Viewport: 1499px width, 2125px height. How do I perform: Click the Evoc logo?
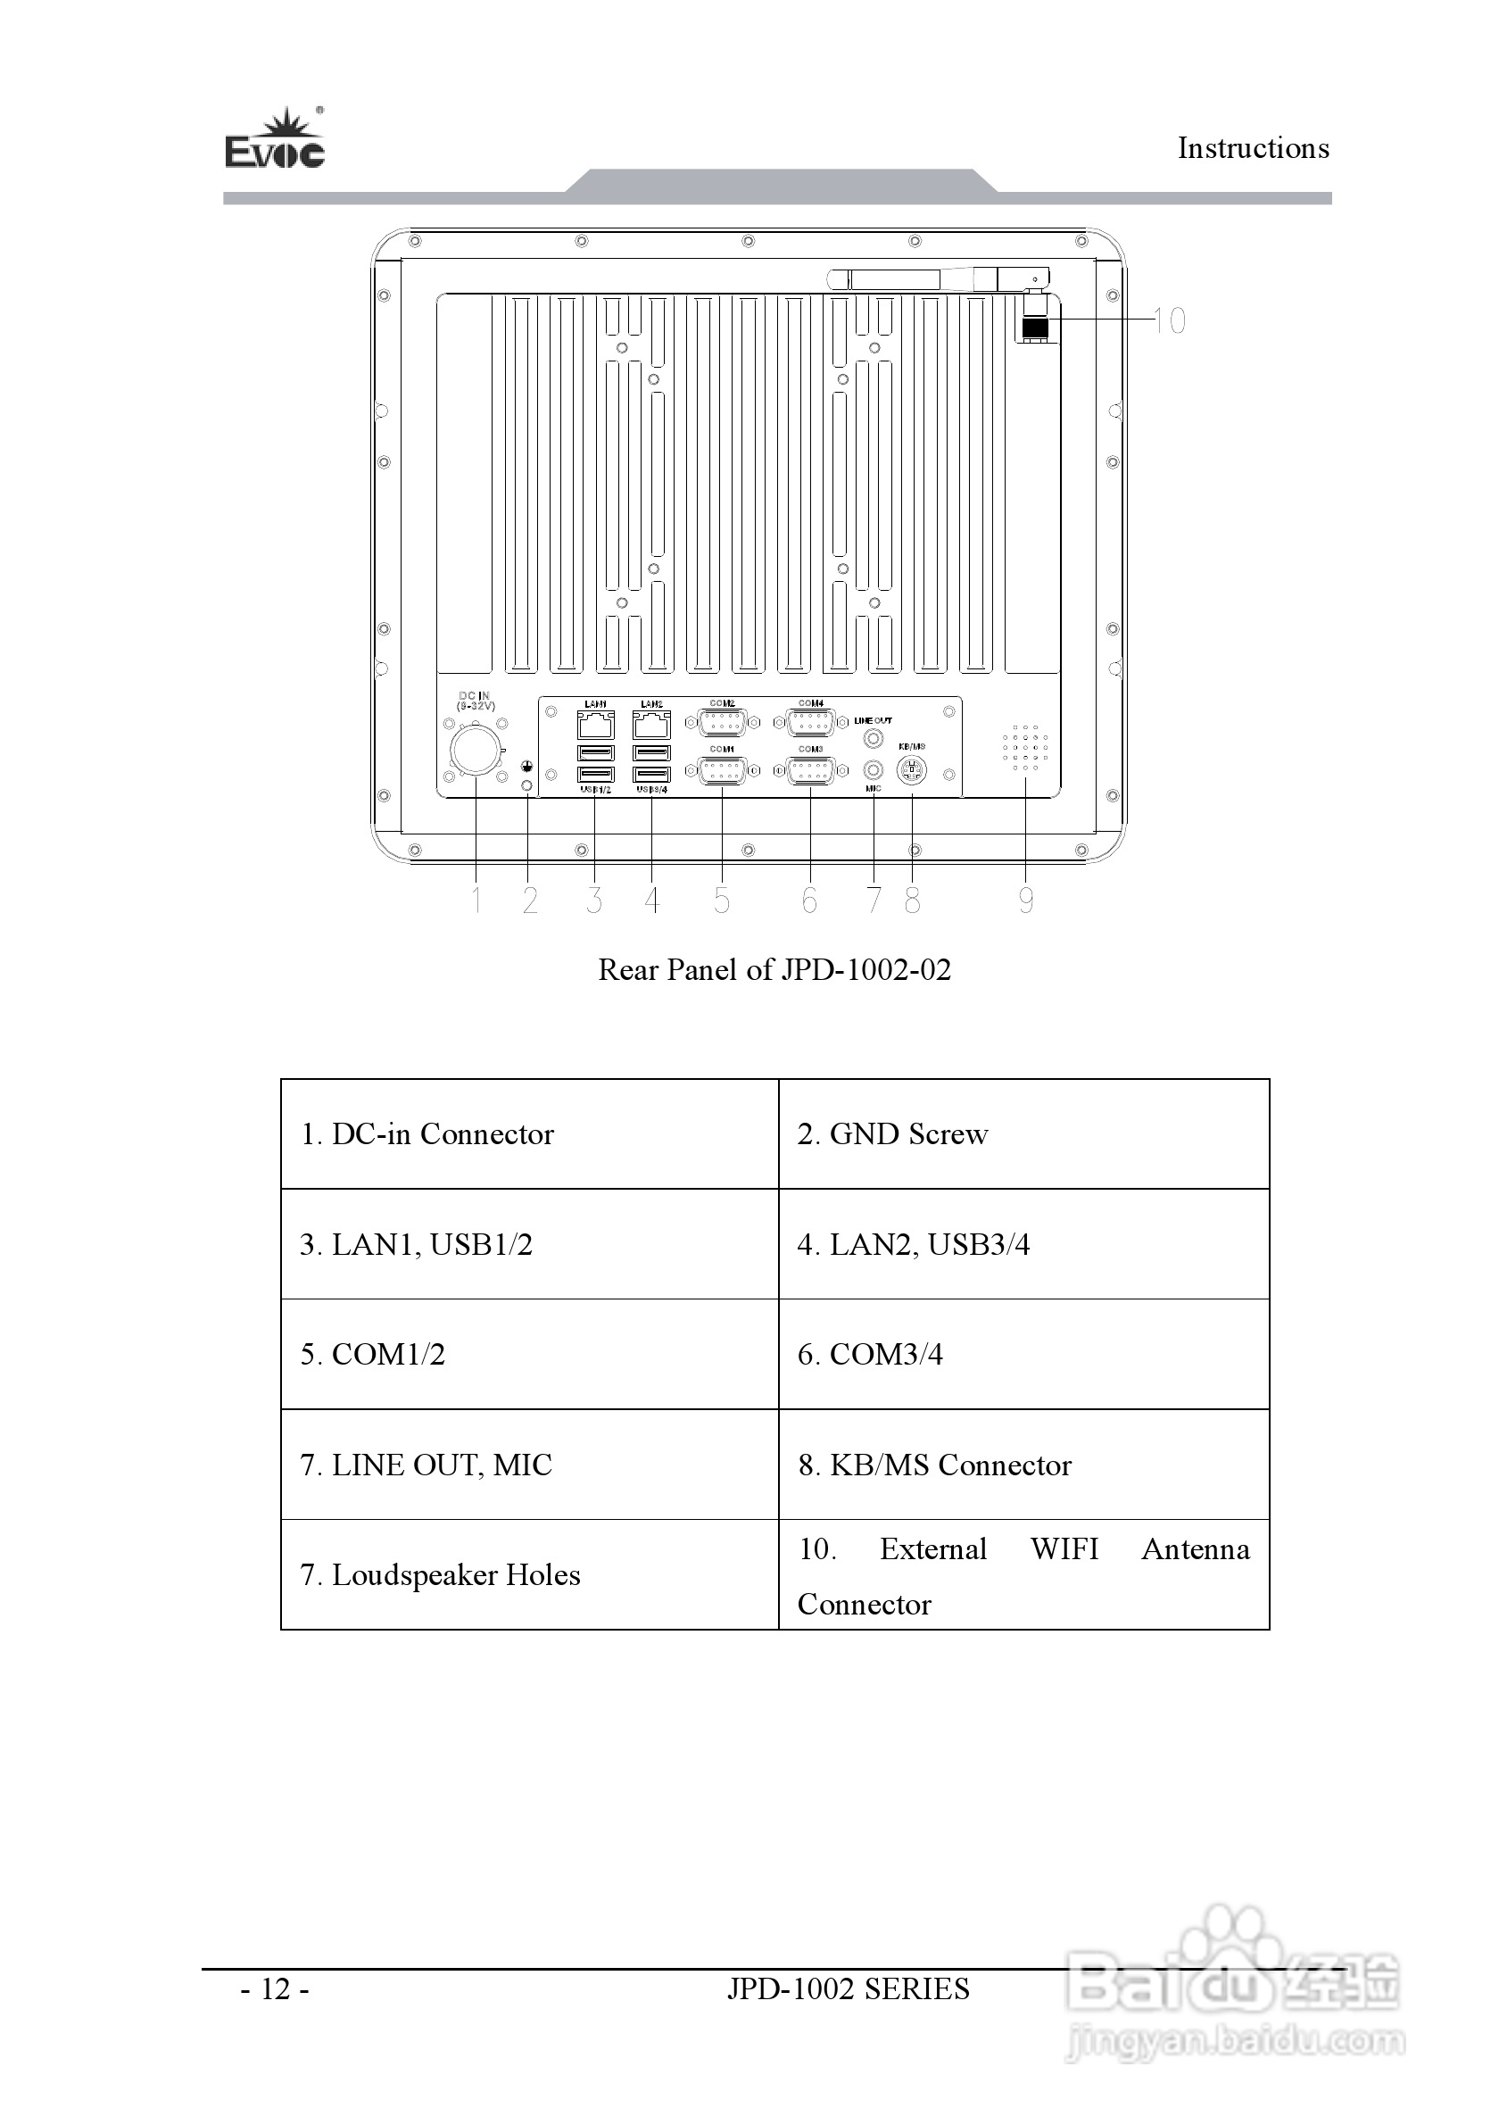(275, 141)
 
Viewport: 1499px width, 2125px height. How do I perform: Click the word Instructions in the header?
(1253, 148)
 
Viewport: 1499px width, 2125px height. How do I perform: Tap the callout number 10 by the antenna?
(1170, 321)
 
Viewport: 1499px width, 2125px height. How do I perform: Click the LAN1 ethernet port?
(596, 724)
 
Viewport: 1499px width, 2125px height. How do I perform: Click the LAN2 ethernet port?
(651, 724)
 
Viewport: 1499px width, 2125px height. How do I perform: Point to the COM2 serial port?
(722, 722)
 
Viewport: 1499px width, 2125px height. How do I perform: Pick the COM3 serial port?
(810, 770)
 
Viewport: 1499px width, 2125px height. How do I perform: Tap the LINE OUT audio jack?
(873, 739)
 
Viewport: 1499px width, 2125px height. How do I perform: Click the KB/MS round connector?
(913, 769)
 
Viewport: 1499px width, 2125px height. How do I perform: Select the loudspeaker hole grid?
(1025, 748)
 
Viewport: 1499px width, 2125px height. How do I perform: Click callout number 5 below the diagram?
(722, 901)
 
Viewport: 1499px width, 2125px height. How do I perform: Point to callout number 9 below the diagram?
(1025, 901)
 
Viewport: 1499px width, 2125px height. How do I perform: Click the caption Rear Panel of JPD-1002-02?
(774, 970)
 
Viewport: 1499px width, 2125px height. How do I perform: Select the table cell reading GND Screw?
(1023, 1133)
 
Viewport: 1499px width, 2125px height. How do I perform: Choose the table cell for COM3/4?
(1023, 1354)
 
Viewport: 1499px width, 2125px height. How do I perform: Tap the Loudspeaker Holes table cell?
(529, 1575)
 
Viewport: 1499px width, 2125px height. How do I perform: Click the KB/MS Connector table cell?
(1023, 1465)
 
